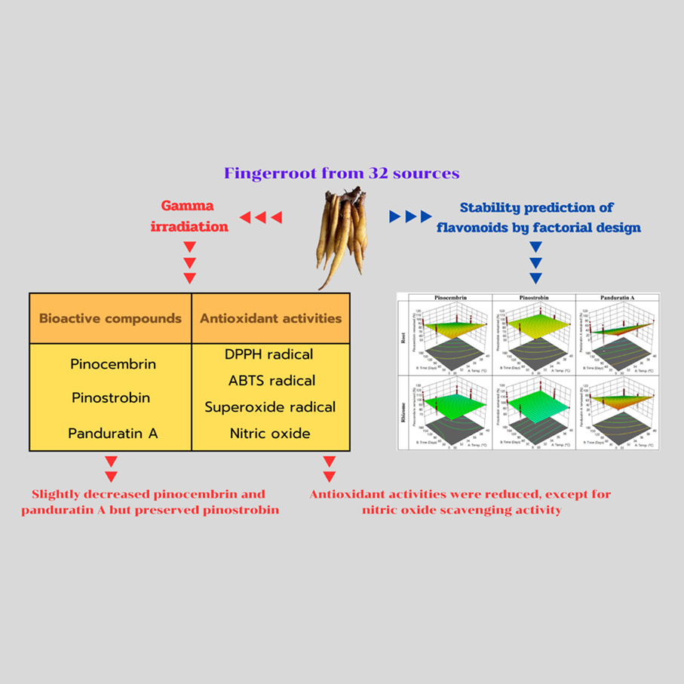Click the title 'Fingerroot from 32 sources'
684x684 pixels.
(x=341, y=173)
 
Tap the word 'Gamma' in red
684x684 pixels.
(x=186, y=206)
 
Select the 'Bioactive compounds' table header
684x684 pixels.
(x=110, y=318)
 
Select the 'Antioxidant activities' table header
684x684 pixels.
(x=271, y=318)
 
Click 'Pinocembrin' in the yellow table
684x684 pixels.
(x=113, y=364)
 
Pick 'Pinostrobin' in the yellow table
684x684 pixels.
(x=110, y=397)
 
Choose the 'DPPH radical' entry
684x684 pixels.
(x=270, y=354)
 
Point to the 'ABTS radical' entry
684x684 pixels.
(x=270, y=381)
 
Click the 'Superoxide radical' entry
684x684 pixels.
(x=270, y=407)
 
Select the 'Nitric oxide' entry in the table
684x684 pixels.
(x=270, y=434)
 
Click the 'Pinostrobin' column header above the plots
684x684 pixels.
(x=533, y=299)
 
